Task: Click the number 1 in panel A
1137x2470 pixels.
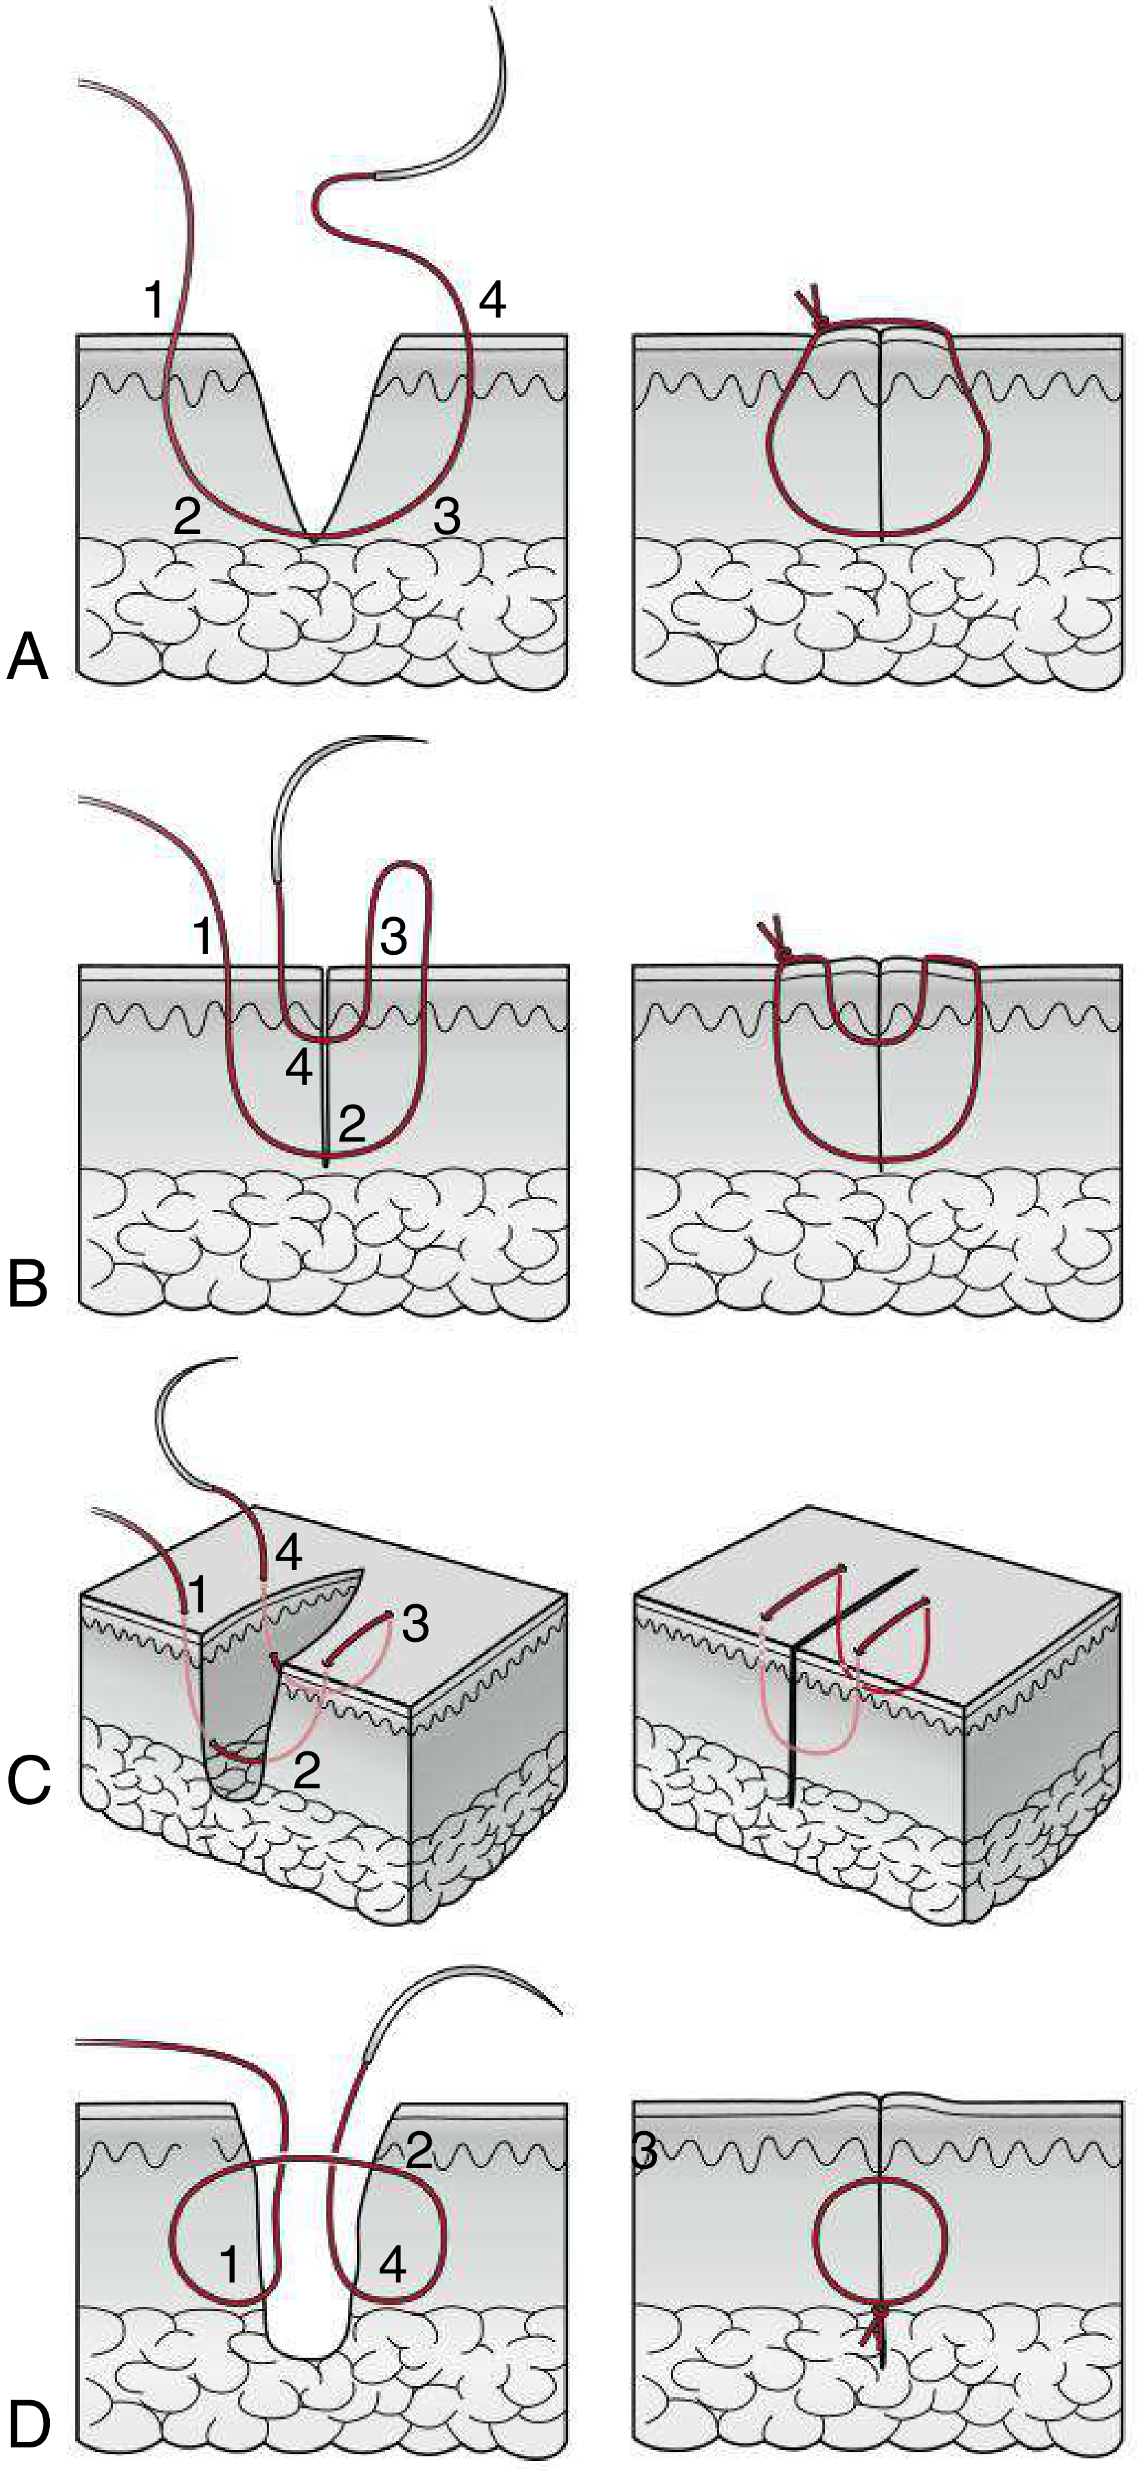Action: click(153, 301)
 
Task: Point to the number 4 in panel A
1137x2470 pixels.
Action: click(491, 301)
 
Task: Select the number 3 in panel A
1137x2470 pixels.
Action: click(447, 518)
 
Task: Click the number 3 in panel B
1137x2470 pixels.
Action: click(393, 937)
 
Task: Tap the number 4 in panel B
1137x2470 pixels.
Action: click(299, 1069)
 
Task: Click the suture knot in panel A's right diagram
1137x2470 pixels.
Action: click(817, 320)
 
